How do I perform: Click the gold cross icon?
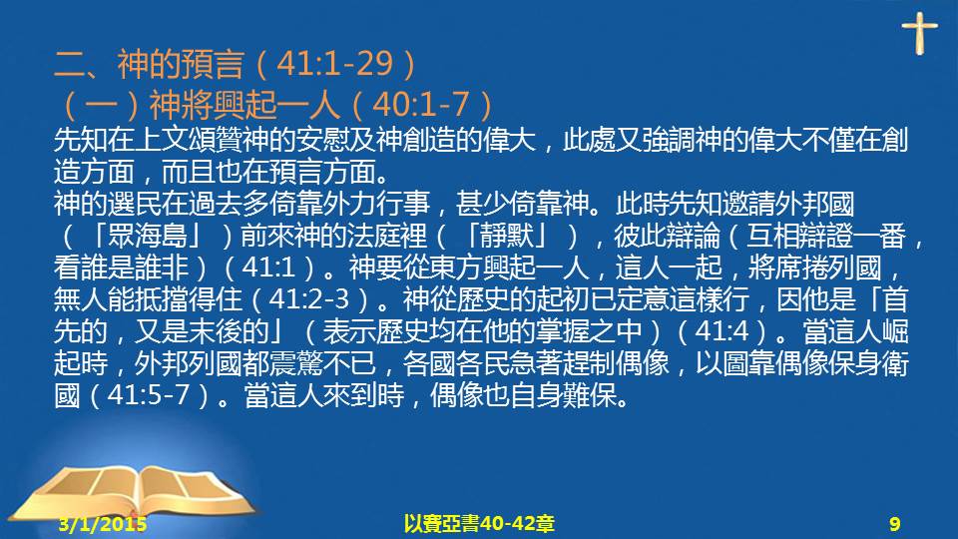coord(919,33)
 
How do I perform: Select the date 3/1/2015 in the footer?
coord(103,524)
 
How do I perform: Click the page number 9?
coord(895,524)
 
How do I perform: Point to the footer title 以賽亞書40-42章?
coord(479,524)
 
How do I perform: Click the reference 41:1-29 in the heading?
coord(334,63)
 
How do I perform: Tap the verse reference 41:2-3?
coord(308,298)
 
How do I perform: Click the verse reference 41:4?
coord(721,330)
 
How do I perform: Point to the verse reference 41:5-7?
coord(149,394)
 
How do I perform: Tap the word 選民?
coord(134,204)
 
